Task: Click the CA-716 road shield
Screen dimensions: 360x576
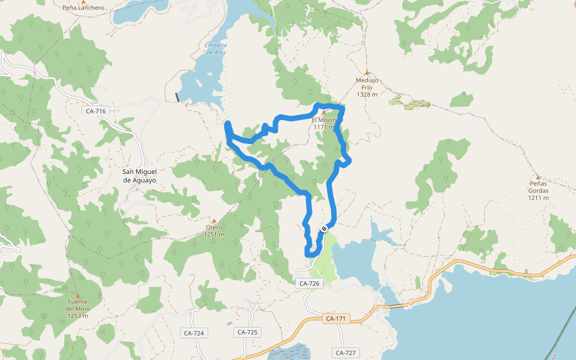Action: pyautogui.click(x=96, y=111)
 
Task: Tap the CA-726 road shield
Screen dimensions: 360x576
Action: pyautogui.click(x=309, y=283)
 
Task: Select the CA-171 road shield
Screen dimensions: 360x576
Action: pyautogui.click(x=335, y=319)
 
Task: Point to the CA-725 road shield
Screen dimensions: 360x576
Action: pyautogui.click(x=247, y=332)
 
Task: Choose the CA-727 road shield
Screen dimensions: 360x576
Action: pyautogui.click(x=347, y=353)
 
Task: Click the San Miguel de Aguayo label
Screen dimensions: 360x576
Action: pyautogui.click(x=139, y=176)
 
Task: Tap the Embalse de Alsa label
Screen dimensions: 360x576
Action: pyautogui.click(x=215, y=49)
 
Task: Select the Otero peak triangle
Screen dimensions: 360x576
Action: pyautogui.click(x=214, y=220)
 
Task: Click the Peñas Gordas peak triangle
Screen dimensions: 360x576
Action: pyautogui.click(x=538, y=177)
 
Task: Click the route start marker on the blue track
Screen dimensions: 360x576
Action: pyautogui.click(x=324, y=229)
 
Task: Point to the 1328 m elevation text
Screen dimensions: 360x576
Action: pyautogui.click(x=367, y=94)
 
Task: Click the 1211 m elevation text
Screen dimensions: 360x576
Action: pyautogui.click(x=538, y=198)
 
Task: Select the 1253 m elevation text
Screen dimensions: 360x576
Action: pyautogui.click(x=77, y=316)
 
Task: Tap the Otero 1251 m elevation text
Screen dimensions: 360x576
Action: pyautogui.click(x=214, y=235)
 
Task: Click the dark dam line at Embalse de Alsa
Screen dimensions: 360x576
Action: pyautogui.click(x=177, y=97)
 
